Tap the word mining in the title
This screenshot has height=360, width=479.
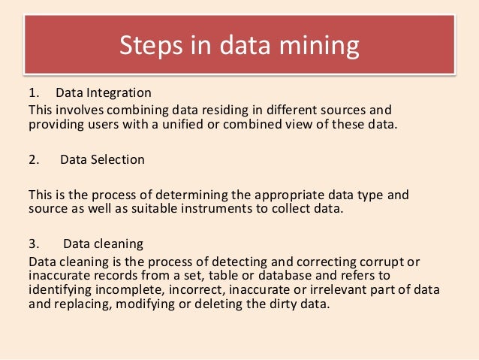click(x=318, y=46)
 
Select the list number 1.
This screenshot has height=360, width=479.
click(x=32, y=93)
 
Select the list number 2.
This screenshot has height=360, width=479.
click(x=33, y=159)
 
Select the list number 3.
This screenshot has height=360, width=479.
click(x=33, y=244)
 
